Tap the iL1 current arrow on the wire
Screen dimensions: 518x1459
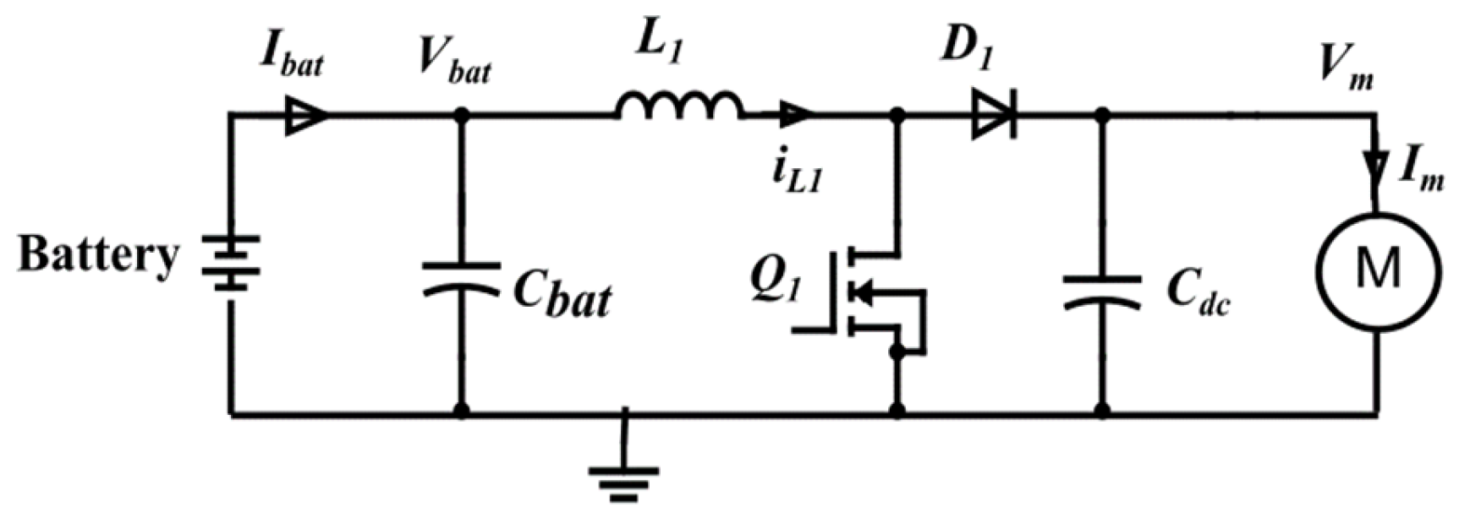pyautogui.click(x=796, y=114)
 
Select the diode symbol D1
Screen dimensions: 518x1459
pyautogui.click(x=995, y=115)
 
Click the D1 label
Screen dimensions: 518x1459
pyautogui.click(x=968, y=51)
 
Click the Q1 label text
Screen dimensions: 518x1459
pyautogui.click(x=773, y=279)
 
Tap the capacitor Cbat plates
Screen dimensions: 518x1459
pyautogui.click(x=461, y=278)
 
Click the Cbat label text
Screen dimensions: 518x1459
pyautogui.click(x=562, y=296)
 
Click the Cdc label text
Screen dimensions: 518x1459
pyautogui.click(x=1197, y=293)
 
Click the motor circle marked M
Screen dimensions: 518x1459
pyautogui.click(x=1377, y=270)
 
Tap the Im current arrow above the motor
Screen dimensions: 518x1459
pyautogui.click(x=1378, y=166)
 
